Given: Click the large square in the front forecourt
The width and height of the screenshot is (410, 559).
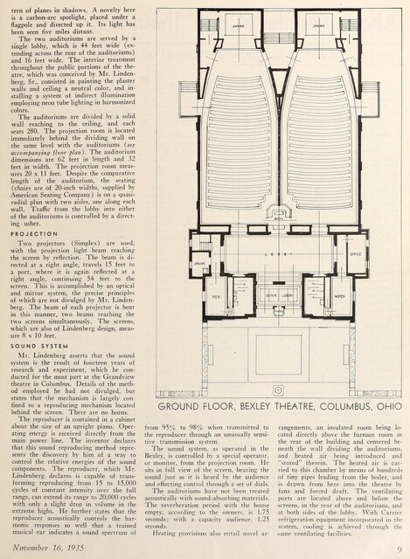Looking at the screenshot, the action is [x=277, y=358].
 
